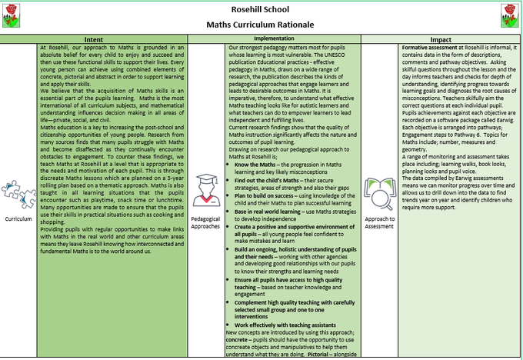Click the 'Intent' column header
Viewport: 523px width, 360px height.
[95, 38]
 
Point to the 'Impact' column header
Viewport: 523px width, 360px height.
[441, 38]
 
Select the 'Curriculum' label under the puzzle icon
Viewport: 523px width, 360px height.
[18, 218]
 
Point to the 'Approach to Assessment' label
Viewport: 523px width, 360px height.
[380, 223]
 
